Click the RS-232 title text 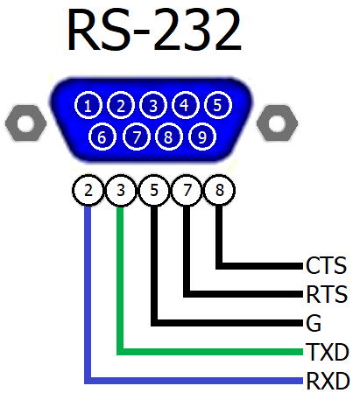point(154,30)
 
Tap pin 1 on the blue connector point(88,105)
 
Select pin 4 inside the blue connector point(185,105)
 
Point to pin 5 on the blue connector point(218,105)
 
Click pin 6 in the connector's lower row point(102,137)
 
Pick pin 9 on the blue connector point(202,137)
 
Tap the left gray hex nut point(25,123)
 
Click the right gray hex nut point(277,123)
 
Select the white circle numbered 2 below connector point(88,190)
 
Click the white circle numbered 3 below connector point(121,190)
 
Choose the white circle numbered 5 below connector point(154,190)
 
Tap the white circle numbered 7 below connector point(187,190)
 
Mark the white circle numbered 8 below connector point(219,190)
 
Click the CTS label point(326,265)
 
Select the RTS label point(327,294)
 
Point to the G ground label point(314,323)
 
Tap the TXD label point(327,352)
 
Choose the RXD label point(328,381)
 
